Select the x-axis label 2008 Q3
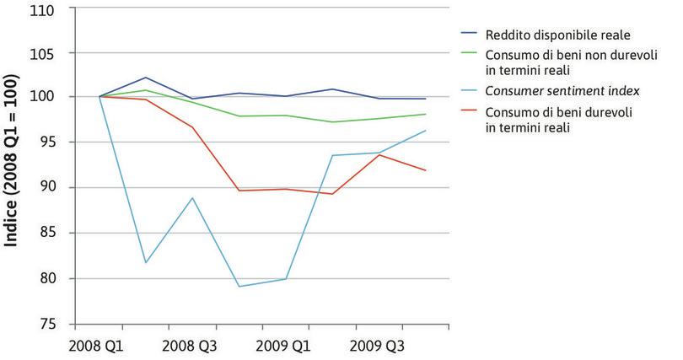[x=192, y=345]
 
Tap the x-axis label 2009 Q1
[x=285, y=345]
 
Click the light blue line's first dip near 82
[x=146, y=262]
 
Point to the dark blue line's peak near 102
[x=146, y=78]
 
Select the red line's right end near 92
[x=425, y=170]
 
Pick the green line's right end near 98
[x=425, y=114]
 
